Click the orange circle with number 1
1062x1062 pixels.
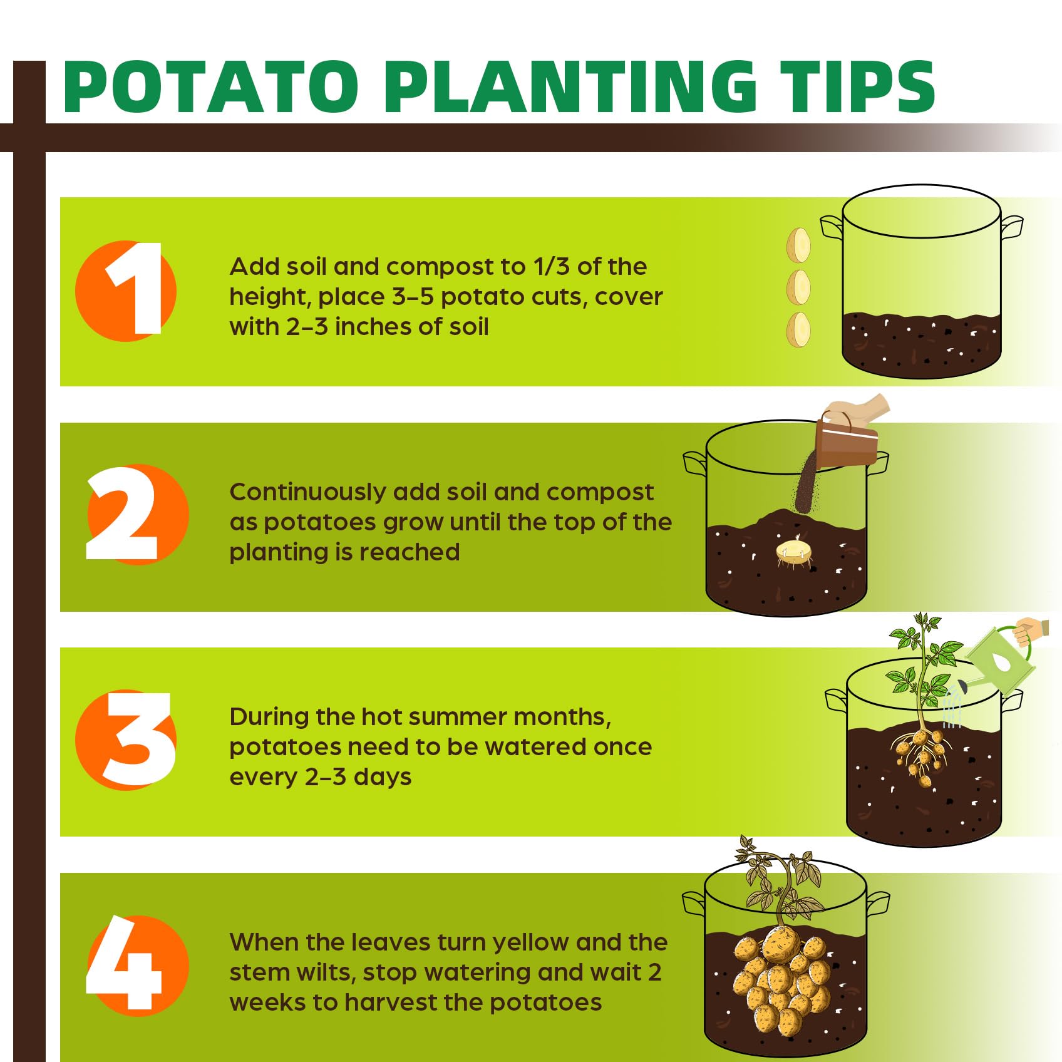[126, 291]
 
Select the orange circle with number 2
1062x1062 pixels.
[138, 515]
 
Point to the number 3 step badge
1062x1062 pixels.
[126, 740]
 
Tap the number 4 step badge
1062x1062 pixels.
[138, 966]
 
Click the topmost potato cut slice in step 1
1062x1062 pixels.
[798, 245]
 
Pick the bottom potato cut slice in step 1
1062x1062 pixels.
[798, 329]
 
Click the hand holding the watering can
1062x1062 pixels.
[1031, 631]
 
